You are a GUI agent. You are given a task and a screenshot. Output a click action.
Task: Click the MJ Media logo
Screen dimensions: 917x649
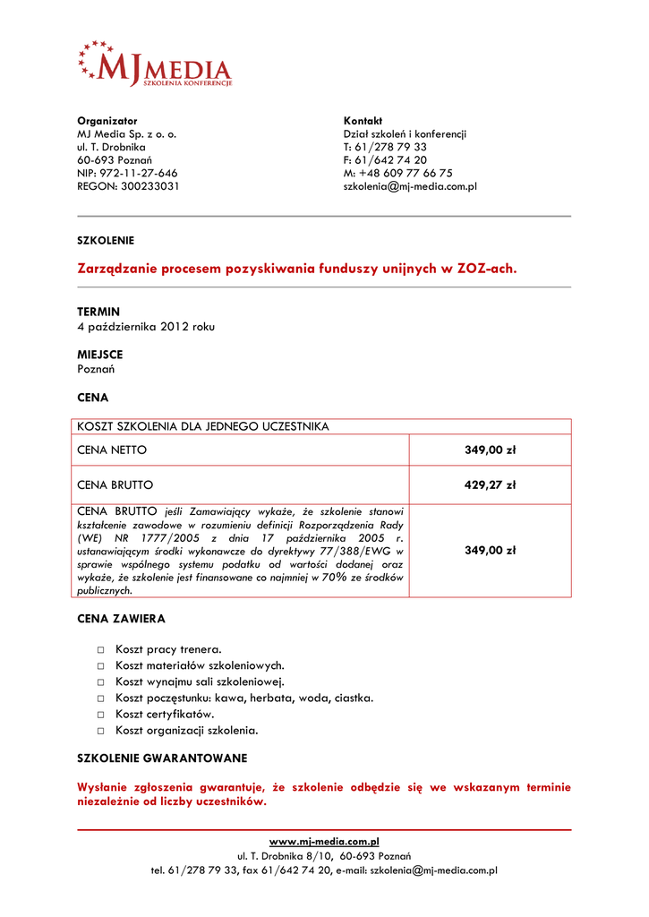point(155,64)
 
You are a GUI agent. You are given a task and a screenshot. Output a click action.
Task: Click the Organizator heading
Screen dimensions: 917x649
point(107,121)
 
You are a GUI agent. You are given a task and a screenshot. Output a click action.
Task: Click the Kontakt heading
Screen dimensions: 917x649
point(363,121)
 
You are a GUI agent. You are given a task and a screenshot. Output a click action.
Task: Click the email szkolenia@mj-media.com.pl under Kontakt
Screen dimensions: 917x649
point(410,186)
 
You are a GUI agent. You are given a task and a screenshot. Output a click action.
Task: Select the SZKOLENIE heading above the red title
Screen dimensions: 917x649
point(106,240)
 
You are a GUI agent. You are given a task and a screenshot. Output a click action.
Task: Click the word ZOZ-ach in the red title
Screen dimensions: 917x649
point(487,268)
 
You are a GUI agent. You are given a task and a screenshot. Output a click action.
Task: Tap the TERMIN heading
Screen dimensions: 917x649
point(98,312)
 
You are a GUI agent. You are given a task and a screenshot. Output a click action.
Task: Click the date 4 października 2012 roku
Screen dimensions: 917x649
point(146,327)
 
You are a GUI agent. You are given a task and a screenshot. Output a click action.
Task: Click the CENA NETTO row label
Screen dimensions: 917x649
point(112,450)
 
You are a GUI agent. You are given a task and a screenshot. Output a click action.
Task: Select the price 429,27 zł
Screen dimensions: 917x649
point(490,485)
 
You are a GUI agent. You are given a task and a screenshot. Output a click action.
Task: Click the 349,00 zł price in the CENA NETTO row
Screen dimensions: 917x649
point(490,450)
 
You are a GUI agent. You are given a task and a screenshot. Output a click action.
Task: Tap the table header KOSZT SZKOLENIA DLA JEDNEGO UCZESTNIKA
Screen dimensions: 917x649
point(203,426)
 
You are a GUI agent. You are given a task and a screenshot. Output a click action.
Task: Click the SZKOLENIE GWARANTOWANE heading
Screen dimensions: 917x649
point(162,758)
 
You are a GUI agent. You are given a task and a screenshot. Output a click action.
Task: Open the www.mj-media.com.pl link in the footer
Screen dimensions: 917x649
point(324,842)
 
